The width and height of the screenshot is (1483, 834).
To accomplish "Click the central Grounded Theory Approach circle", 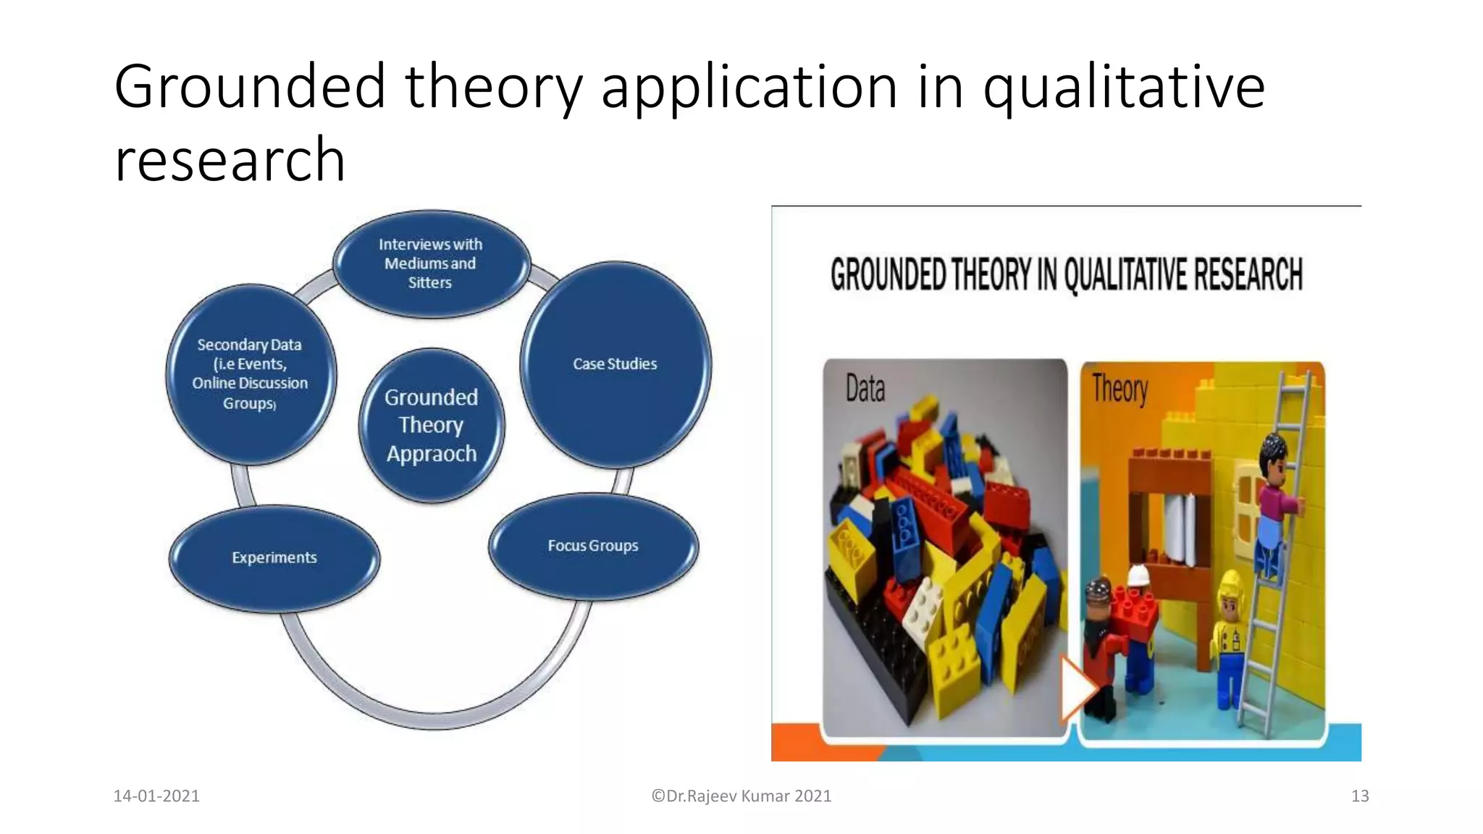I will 432,425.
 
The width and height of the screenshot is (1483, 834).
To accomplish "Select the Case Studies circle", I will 616,364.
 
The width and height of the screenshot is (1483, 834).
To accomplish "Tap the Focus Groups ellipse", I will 594,546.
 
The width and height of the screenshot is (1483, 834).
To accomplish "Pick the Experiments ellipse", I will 274,558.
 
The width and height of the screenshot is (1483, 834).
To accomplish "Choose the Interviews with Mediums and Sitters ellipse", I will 431,264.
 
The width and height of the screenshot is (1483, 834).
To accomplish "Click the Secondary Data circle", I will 251,374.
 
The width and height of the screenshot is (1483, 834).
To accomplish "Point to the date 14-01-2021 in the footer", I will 156,796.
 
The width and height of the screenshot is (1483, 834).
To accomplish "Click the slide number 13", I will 1360,796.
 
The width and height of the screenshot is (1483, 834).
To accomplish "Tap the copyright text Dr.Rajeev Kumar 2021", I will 741,796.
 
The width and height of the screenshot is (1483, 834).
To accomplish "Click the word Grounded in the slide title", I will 249,87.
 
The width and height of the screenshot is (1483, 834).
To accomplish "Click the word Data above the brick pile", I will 865,389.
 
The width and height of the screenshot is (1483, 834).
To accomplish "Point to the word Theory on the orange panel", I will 1119,389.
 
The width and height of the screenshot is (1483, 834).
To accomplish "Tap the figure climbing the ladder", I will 1272,500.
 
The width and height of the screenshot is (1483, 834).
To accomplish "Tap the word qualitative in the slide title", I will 1123,87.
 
